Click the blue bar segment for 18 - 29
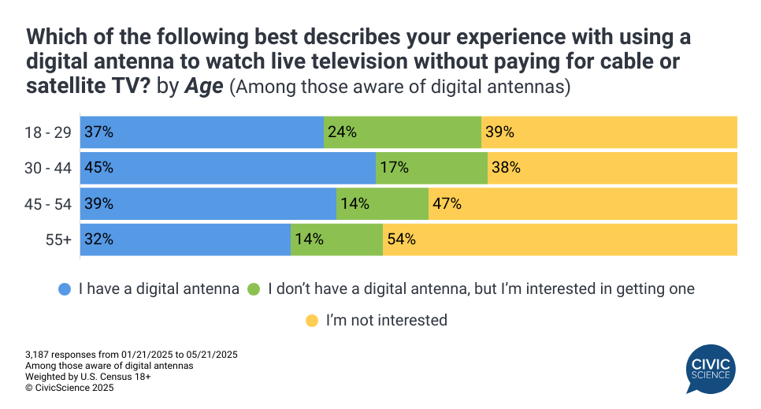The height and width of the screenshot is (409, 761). point(201,132)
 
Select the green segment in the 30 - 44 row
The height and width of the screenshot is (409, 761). point(432,168)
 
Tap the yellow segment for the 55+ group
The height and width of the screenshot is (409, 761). point(559,240)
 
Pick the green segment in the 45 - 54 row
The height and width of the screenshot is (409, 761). point(382,204)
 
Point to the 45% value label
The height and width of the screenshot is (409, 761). point(100,168)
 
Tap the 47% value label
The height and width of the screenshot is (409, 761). point(447,204)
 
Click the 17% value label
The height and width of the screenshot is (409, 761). point(395,168)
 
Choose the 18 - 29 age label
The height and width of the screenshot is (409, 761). point(48,132)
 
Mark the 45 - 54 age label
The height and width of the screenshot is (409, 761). point(48,204)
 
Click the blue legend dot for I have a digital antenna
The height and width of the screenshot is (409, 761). point(65,289)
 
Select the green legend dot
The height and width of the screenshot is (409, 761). point(254,289)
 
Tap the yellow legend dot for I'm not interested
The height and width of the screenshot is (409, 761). point(312,321)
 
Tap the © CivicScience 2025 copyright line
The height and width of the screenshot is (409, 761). point(69,387)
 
